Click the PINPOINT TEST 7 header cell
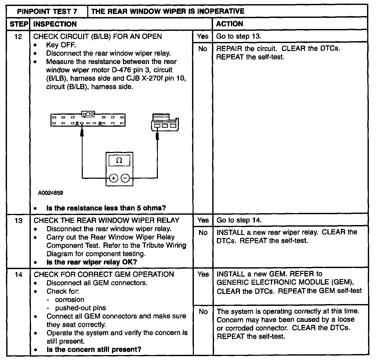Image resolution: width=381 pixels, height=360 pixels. point(47,11)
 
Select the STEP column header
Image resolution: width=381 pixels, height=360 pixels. point(19,24)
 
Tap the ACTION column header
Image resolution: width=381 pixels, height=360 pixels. point(229,24)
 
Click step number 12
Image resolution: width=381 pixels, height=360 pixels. point(18,37)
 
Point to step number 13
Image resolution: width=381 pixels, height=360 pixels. point(18,221)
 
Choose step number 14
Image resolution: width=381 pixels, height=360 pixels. point(18,275)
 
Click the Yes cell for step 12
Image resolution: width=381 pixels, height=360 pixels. point(202,36)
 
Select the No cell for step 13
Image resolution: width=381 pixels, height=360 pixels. point(203,233)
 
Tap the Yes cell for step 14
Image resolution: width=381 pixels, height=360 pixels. point(203,274)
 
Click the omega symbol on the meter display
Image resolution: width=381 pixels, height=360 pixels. point(119,161)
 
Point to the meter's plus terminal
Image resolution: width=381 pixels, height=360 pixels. point(113,178)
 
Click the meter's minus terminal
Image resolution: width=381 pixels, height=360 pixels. point(125,178)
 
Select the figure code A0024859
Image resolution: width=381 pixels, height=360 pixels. point(50,193)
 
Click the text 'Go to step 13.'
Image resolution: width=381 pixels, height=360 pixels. point(239,36)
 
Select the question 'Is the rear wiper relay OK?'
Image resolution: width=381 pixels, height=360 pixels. point(92,262)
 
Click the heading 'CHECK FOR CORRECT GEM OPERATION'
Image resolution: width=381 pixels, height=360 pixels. point(104,274)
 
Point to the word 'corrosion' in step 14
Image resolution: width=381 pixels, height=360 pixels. point(70,300)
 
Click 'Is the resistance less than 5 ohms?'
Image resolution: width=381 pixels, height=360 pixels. point(106,208)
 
